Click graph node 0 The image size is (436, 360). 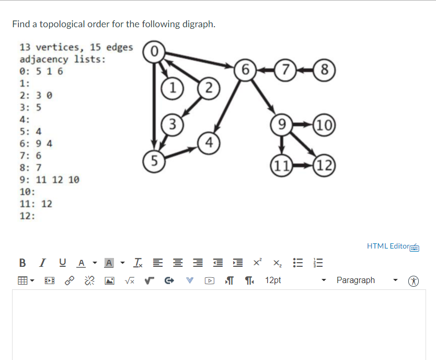point(153,51)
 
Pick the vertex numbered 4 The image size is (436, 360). point(209,142)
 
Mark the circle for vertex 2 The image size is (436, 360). point(208,87)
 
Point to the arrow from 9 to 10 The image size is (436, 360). point(303,126)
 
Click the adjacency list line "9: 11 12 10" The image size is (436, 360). point(50,179)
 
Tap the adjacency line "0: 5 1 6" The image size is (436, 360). point(41,71)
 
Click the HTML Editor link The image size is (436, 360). point(388,246)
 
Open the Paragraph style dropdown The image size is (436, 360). point(361,280)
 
